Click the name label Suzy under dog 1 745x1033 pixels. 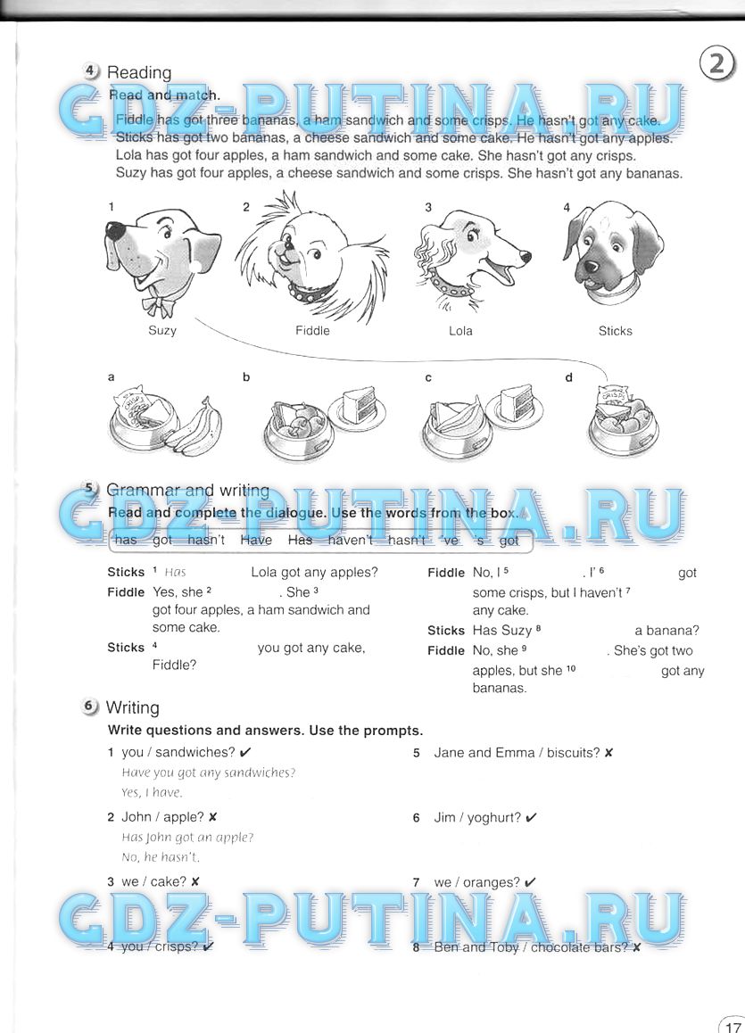click(x=162, y=330)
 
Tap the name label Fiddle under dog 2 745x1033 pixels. click(x=312, y=331)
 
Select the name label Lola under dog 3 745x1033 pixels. click(x=460, y=331)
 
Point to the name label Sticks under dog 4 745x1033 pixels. click(x=615, y=331)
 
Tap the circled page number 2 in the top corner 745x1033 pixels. click(x=716, y=64)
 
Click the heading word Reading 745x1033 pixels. click(x=138, y=73)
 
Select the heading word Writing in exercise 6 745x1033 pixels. click(x=132, y=708)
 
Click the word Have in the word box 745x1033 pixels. click(x=256, y=541)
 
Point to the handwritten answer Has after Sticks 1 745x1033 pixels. click(x=175, y=573)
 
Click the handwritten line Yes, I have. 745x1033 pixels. click(x=152, y=792)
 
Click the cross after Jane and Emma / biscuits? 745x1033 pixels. click(x=608, y=753)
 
